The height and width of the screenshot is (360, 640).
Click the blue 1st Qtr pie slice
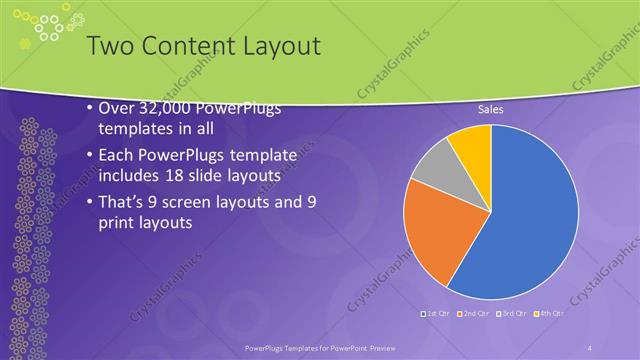(530, 215)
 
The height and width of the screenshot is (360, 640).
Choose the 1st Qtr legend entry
(439, 314)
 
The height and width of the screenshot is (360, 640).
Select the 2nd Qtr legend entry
(474, 314)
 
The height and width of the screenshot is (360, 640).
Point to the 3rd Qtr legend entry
(510, 314)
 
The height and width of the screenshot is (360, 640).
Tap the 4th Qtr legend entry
(546, 314)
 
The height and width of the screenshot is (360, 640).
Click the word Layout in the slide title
(276, 46)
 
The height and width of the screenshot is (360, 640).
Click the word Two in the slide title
(108, 46)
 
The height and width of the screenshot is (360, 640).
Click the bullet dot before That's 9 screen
(90, 201)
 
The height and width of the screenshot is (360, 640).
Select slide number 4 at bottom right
(590, 347)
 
